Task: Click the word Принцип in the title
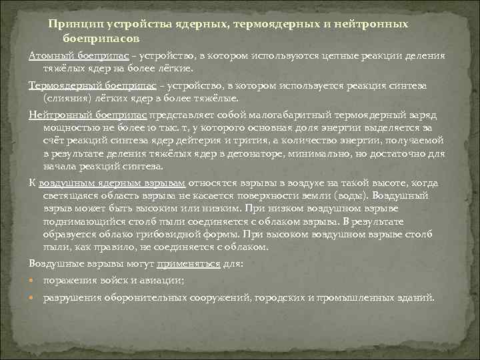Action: [72, 24]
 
